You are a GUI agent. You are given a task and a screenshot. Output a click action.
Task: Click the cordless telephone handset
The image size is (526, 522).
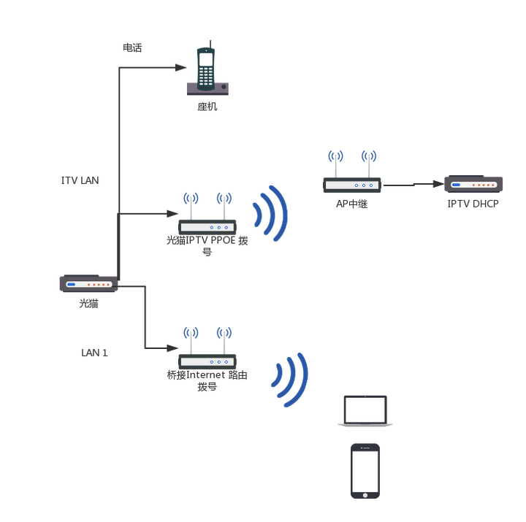[x=207, y=66]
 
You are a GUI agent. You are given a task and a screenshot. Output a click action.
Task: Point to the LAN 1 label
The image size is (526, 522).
[x=95, y=353]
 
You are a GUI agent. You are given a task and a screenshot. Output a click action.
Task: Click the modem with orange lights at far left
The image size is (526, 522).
[x=88, y=283]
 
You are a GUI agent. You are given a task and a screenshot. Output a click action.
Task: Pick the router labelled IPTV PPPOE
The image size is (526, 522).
[x=207, y=226]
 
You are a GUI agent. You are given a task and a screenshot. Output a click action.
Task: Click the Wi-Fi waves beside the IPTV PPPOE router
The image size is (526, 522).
[x=272, y=212]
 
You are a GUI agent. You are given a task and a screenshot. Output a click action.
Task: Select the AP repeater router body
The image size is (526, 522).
[x=353, y=185]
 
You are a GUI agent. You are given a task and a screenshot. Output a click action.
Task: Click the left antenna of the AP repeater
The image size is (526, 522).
[x=335, y=163]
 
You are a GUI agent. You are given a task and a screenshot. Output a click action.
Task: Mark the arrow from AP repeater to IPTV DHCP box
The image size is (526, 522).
[x=413, y=185]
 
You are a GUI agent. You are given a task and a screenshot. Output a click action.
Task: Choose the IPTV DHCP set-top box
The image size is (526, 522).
[x=474, y=185]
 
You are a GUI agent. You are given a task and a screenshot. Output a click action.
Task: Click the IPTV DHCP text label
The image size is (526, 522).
[x=473, y=204]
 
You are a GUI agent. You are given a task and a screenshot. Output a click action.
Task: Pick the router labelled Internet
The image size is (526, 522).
[x=208, y=361]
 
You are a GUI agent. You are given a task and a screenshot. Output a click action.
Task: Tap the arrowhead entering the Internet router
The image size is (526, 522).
[x=173, y=348]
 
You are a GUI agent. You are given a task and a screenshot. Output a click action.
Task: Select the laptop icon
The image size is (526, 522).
[x=365, y=412]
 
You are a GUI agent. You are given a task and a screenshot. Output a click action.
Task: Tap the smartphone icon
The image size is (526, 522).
[x=365, y=471]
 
